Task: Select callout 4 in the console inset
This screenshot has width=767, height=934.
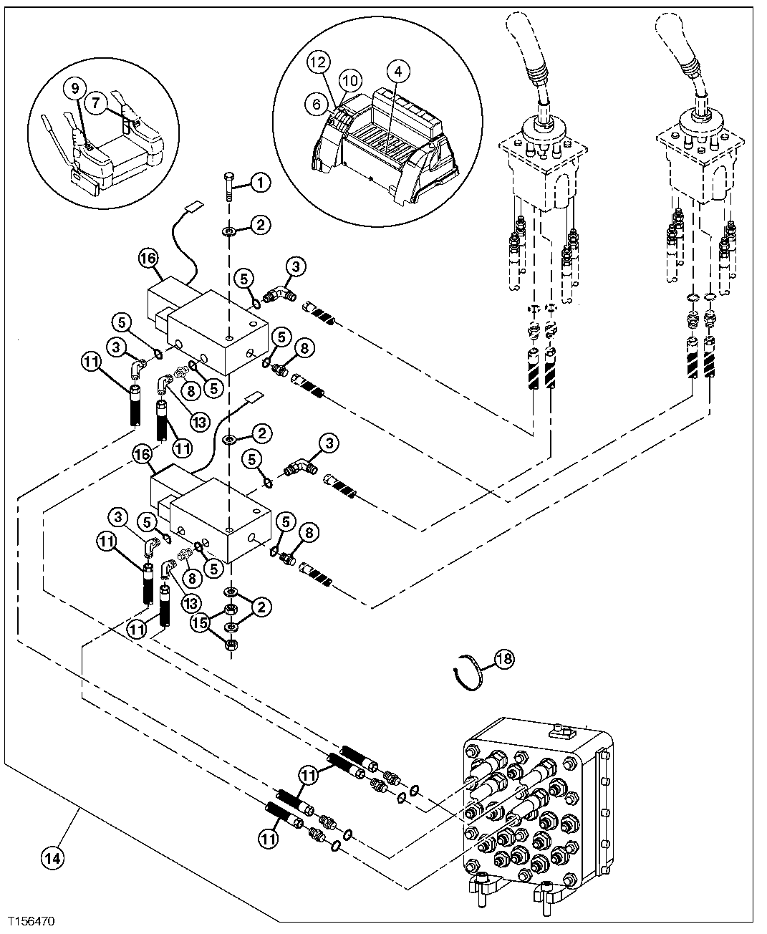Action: tap(399, 72)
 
